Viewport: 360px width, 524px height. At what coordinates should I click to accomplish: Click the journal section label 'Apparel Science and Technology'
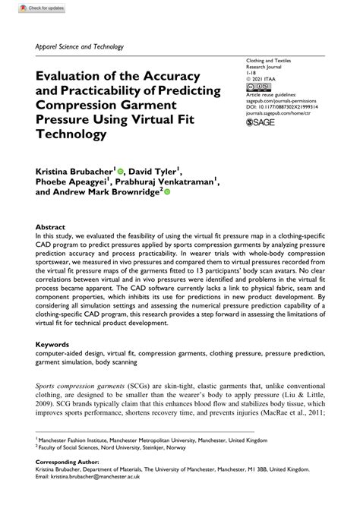click(79, 46)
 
